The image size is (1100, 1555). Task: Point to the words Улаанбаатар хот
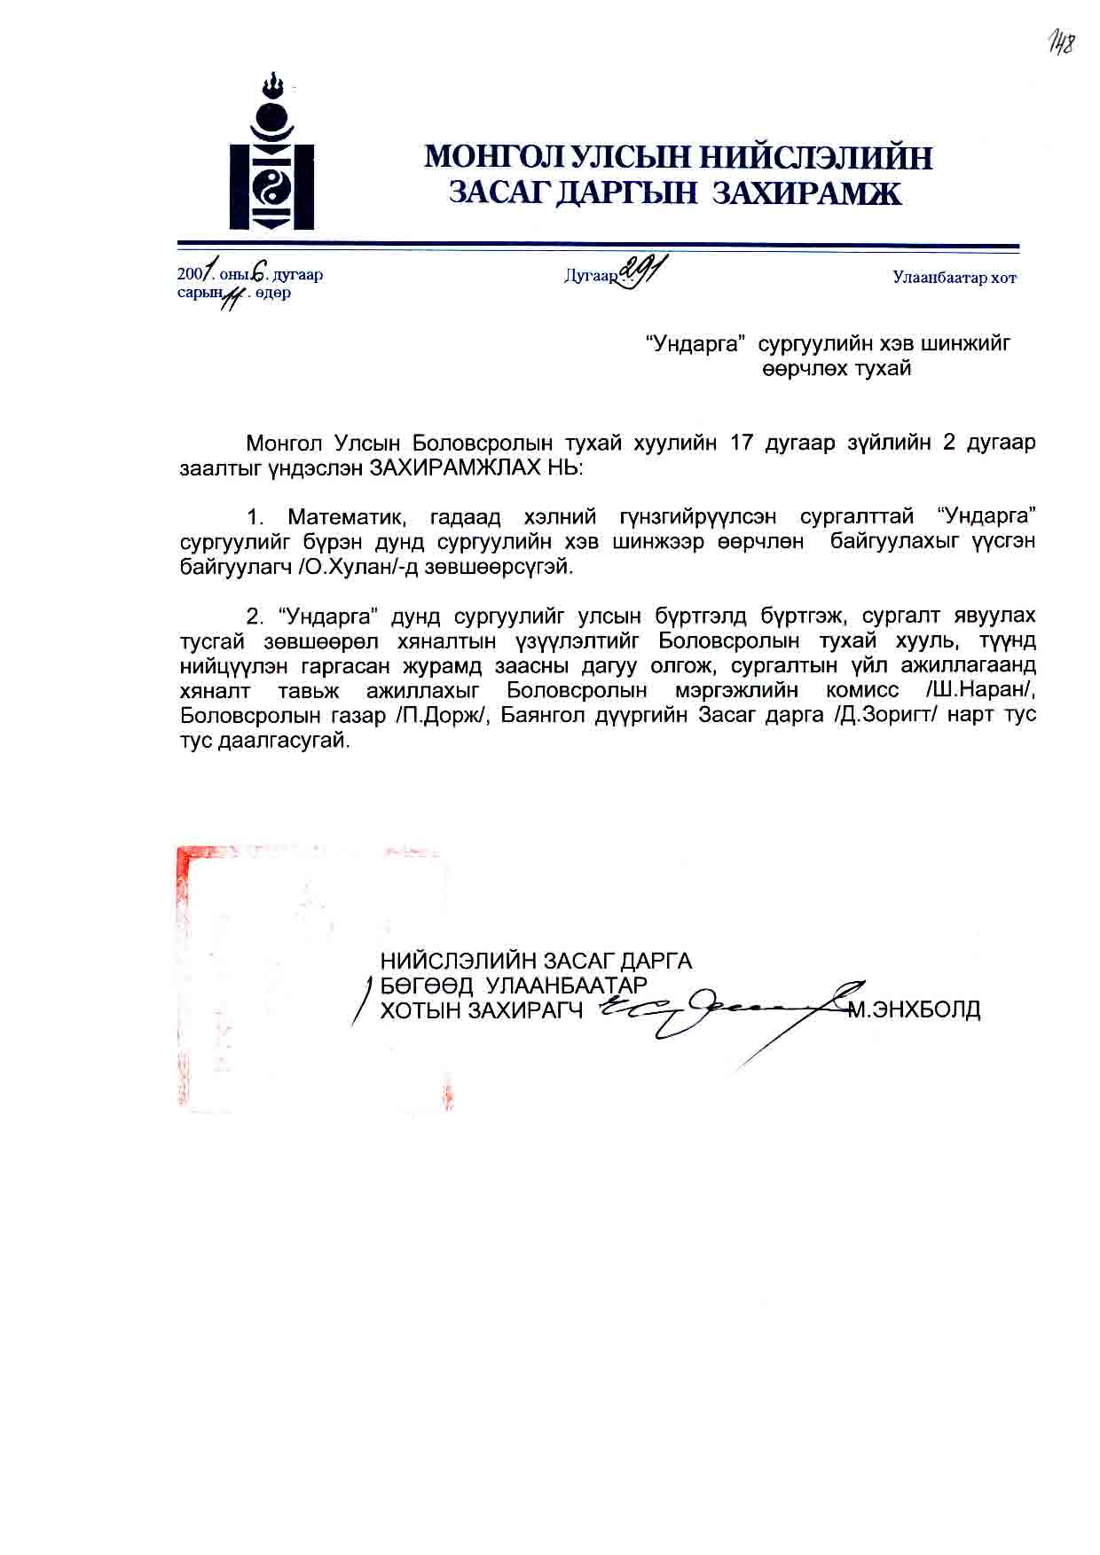click(x=955, y=279)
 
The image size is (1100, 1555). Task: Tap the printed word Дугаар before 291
click(x=591, y=277)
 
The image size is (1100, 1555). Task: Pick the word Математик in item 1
click(x=347, y=517)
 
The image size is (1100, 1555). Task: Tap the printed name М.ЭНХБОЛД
click(x=914, y=1009)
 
